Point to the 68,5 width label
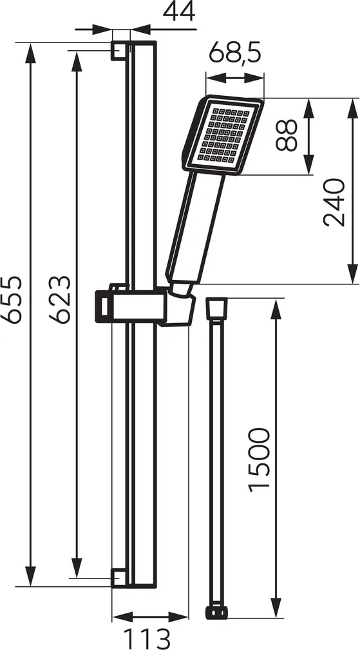[x=235, y=55]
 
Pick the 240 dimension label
[x=336, y=202]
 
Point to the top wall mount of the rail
[x=120, y=51]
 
